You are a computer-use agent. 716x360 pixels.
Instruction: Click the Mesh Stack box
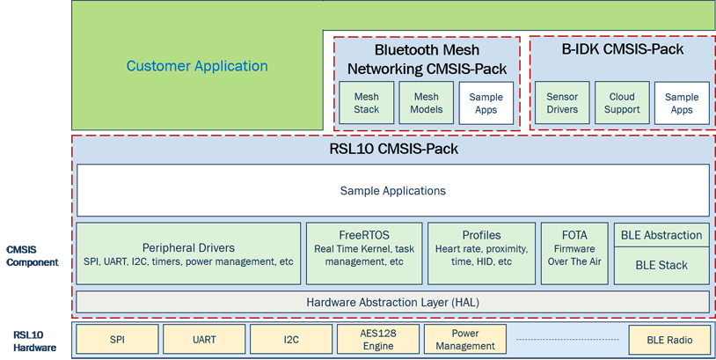366,103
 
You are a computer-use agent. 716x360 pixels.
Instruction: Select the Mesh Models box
426,103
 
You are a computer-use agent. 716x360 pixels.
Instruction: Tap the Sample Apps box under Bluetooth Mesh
486,103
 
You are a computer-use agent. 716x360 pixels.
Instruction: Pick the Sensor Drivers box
562,103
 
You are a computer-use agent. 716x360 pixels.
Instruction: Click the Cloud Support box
622,103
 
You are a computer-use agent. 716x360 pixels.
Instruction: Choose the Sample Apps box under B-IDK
682,103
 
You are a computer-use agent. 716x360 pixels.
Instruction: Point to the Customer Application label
197,66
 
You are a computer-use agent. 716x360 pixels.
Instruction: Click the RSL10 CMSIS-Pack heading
393,149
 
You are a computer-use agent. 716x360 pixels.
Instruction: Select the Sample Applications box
393,190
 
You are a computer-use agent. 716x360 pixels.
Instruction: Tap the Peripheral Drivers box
188,253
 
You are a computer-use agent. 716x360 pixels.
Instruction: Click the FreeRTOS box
364,253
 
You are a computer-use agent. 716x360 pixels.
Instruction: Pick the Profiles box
481,253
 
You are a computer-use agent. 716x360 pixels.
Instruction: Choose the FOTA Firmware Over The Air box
574,253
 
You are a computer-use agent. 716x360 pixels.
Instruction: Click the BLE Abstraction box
661,235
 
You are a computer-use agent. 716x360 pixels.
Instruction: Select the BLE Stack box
661,266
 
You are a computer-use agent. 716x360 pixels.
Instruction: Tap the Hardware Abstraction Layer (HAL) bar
393,302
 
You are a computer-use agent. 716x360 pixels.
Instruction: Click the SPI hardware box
117,340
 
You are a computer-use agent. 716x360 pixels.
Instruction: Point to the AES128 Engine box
378,340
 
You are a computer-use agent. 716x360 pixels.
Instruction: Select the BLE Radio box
669,340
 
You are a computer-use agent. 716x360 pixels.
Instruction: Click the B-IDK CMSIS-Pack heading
623,49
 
